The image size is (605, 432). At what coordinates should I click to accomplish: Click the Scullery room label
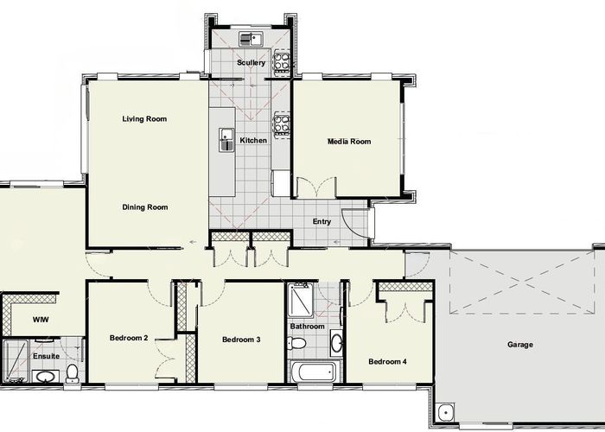252,62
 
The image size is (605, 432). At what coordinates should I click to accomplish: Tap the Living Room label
144,119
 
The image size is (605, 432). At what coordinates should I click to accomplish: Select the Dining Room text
145,207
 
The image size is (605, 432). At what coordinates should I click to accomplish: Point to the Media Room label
349,142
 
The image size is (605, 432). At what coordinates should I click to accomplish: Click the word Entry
322,221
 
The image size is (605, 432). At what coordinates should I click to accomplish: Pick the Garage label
520,345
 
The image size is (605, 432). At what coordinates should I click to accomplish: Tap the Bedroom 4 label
387,361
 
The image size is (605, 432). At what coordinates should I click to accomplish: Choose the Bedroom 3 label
241,340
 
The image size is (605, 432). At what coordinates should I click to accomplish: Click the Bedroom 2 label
129,338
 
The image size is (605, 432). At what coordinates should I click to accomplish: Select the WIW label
41,320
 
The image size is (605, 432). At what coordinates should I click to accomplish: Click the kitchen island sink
226,140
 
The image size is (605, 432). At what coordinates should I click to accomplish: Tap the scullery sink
251,39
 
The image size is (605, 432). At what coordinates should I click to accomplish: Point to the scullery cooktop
282,62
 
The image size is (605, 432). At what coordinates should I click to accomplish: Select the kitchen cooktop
282,124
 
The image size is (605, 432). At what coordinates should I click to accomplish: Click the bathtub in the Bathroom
315,372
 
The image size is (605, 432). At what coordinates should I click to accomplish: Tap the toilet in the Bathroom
296,342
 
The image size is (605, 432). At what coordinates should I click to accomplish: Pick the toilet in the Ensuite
72,373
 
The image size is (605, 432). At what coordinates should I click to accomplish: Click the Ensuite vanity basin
46,377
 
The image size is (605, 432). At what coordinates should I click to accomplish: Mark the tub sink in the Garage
446,413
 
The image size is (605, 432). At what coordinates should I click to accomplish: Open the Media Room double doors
316,187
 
